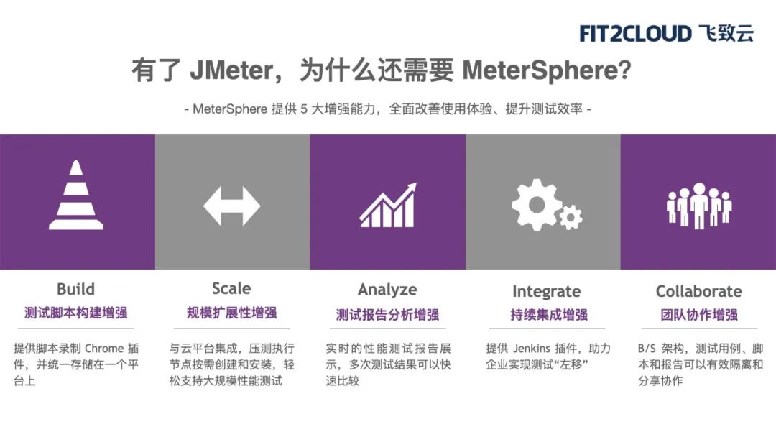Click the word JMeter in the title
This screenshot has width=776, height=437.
pos(231,70)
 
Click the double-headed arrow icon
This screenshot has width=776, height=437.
pos(231,206)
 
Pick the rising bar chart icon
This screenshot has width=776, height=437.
pos(388,205)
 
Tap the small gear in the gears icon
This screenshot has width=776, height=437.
pos(571,217)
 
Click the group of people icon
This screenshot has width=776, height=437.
pos(699,206)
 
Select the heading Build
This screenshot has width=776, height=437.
pos(75,289)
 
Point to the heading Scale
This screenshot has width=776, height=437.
pos(231,288)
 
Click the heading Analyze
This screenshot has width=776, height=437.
pos(387,290)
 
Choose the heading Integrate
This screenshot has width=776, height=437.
pos(546,292)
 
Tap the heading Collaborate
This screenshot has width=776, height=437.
pos(699,291)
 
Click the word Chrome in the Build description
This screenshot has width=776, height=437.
pos(104,349)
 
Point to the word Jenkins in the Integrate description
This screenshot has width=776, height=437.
pos(532,349)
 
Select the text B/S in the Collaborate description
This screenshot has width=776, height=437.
pos(647,349)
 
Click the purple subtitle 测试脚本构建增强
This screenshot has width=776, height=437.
pos(75,313)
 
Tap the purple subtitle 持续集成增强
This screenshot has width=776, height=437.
pos(549,315)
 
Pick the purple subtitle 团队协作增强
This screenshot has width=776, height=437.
pos(699,315)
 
